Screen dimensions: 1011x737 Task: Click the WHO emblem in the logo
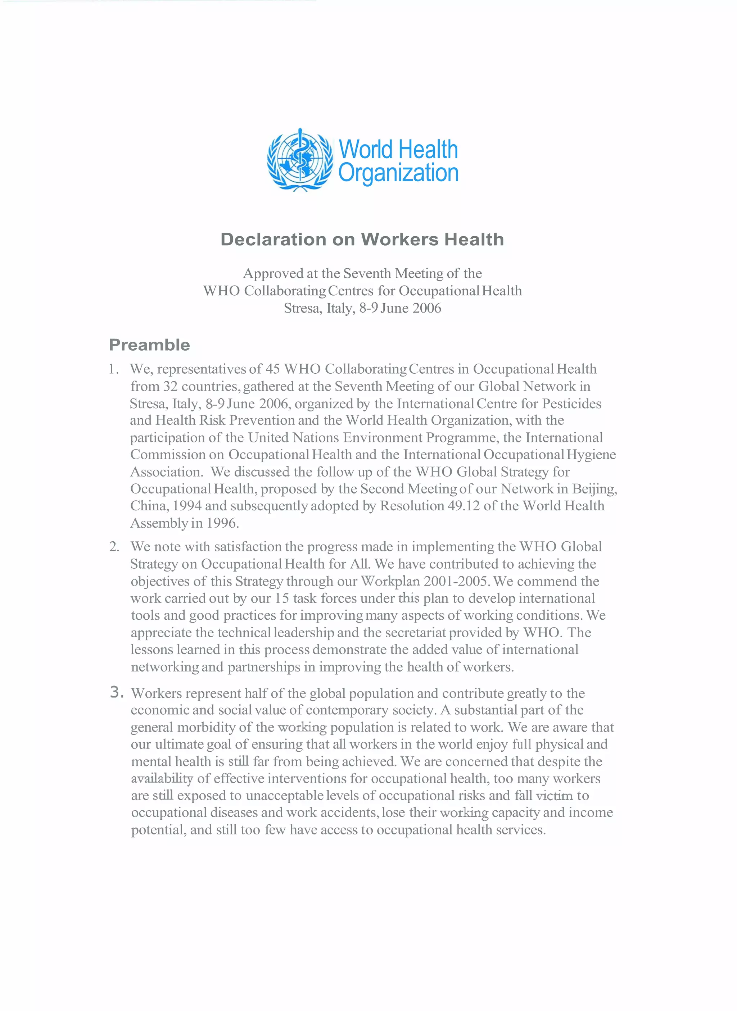click(x=300, y=160)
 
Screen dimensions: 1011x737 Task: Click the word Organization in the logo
click(x=398, y=173)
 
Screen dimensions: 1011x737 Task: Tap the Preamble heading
click(x=149, y=345)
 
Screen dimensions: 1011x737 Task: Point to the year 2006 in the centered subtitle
click(x=426, y=308)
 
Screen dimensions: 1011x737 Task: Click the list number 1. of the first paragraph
click(x=114, y=369)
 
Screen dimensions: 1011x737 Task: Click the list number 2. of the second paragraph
click(x=114, y=547)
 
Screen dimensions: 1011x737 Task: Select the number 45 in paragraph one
click(x=272, y=369)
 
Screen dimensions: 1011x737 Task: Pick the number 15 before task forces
click(x=281, y=598)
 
